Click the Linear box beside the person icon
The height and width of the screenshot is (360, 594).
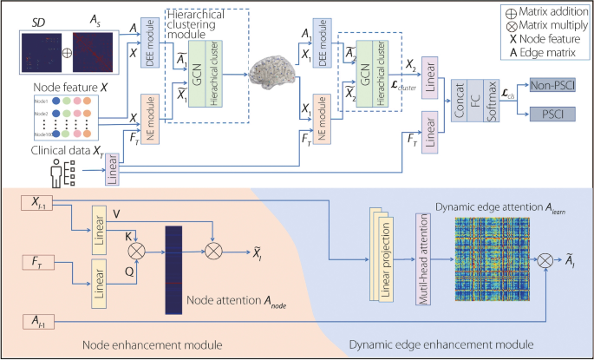click(113, 170)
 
